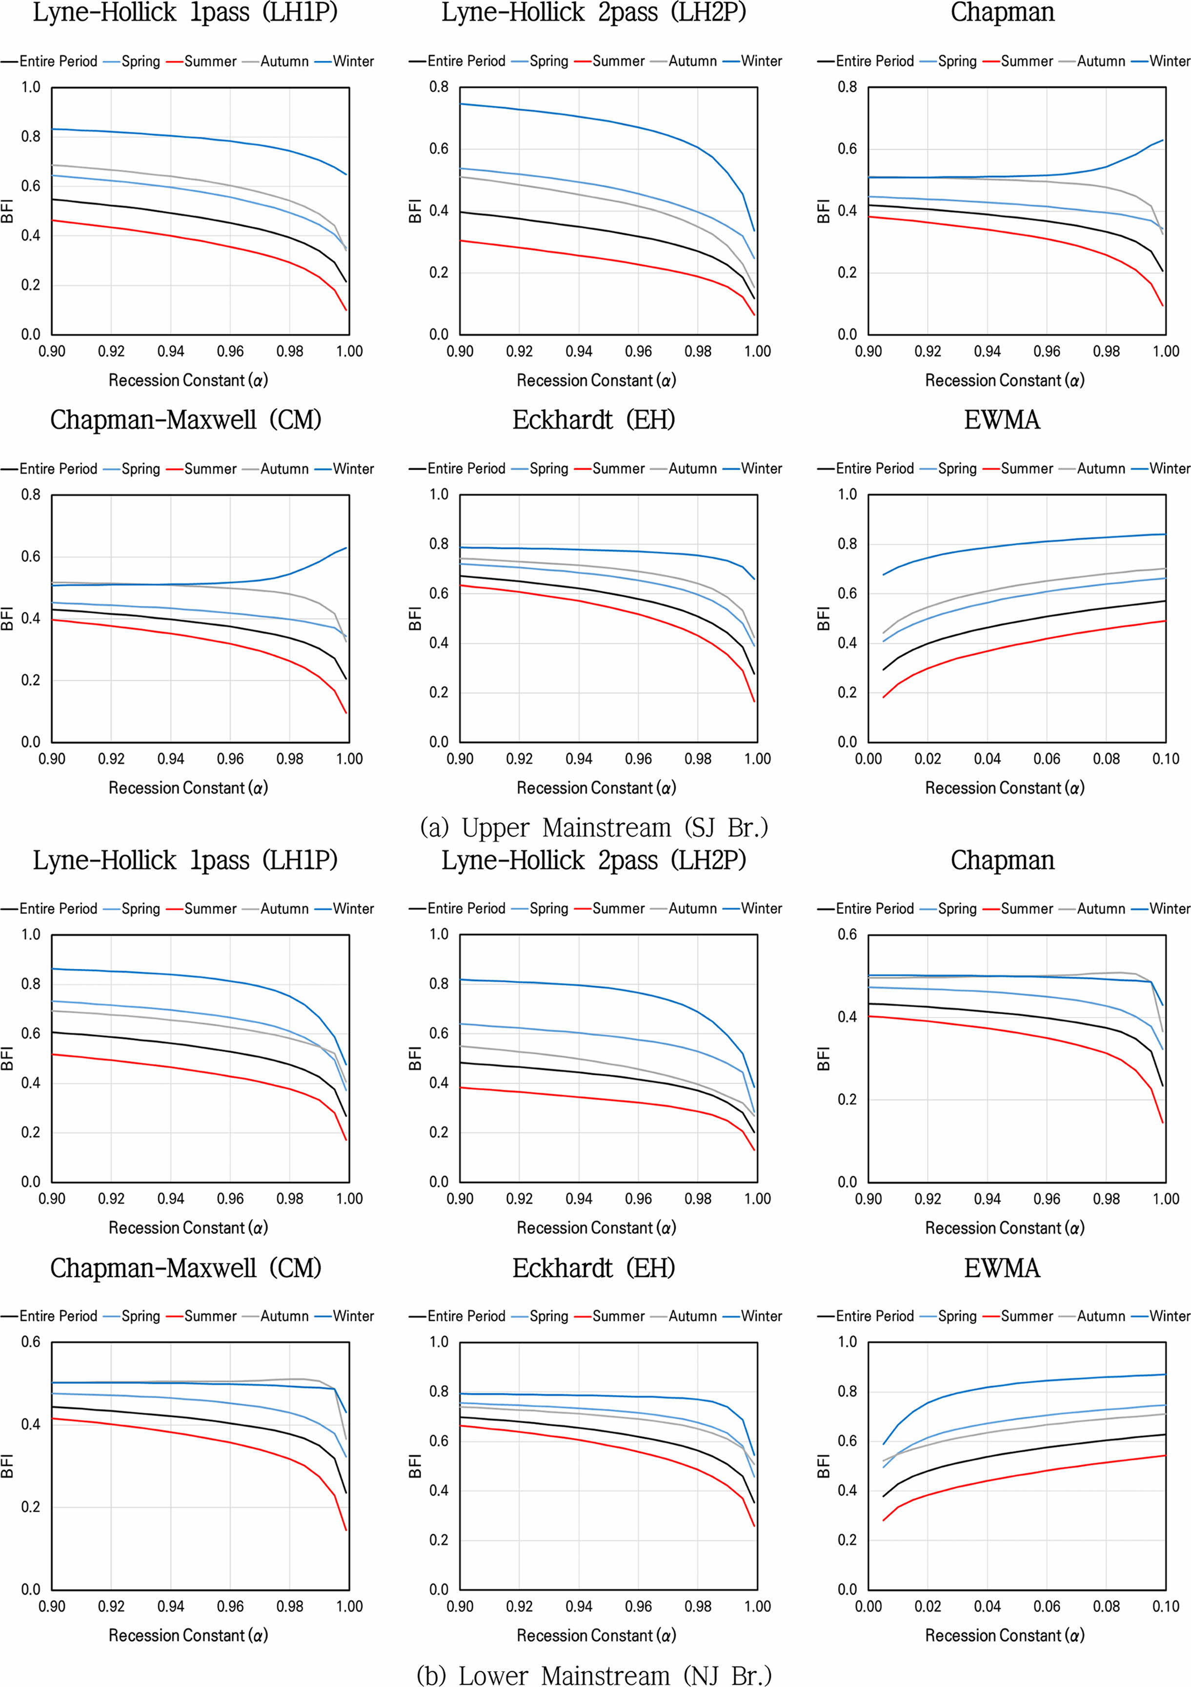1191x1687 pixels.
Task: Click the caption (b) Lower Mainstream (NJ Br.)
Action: click(x=593, y=1674)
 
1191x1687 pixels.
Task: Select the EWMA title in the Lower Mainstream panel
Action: click(x=1002, y=1268)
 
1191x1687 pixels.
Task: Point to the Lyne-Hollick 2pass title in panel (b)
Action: click(x=593, y=860)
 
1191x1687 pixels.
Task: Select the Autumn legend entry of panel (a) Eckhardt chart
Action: click(x=692, y=469)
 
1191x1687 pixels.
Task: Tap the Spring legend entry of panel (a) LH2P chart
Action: click(x=548, y=62)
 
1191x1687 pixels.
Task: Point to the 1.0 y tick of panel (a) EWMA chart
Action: click(x=848, y=495)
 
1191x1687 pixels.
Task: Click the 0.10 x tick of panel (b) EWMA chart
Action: click(x=1165, y=1606)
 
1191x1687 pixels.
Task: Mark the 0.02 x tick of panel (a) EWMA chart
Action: click(x=928, y=759)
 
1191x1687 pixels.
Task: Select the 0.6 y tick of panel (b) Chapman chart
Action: click(x=848, y=935)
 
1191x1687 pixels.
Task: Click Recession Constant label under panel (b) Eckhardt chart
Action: click(x=596, y=1636)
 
